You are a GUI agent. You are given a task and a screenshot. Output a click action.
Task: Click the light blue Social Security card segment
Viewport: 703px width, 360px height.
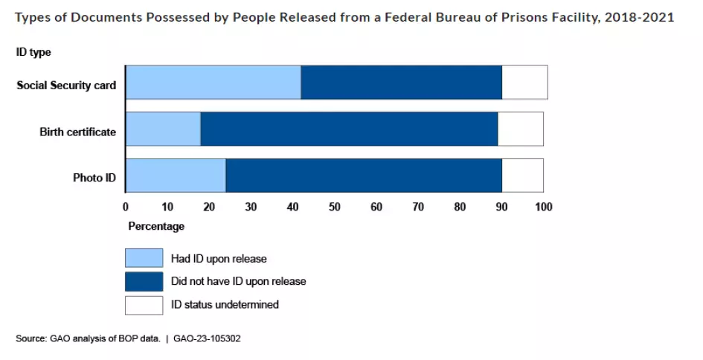213,82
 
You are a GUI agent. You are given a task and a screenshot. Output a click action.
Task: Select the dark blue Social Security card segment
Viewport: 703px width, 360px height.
401,82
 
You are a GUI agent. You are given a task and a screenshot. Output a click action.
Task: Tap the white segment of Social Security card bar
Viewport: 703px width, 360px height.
524,82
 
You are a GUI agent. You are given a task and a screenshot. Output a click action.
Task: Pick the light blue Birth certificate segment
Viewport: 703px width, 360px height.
163,129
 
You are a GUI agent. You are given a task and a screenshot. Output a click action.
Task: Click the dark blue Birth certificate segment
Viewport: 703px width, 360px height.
349,129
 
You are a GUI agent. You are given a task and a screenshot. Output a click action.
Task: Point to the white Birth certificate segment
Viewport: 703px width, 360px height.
520,129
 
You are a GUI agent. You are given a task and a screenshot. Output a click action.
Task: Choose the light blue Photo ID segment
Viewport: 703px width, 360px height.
176,176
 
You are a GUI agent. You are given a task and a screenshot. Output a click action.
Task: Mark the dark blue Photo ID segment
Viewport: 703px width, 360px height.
364,176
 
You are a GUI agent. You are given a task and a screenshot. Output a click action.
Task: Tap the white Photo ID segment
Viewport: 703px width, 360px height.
522,176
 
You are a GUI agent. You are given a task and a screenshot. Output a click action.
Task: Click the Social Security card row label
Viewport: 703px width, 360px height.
66,86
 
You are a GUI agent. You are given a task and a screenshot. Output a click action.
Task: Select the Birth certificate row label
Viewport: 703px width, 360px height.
77,132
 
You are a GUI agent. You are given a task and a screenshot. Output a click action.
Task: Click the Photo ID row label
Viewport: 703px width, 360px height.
94,179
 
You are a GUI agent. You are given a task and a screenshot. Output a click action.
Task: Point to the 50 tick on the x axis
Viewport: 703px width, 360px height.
335,206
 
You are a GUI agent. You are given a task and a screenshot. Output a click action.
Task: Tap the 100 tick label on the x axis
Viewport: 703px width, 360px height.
543,206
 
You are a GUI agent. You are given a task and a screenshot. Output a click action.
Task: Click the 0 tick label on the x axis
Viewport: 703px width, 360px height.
126,206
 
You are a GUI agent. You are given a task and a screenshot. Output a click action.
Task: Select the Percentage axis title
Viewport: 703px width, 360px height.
156,225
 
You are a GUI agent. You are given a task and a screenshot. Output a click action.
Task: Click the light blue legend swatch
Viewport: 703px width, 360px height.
144,258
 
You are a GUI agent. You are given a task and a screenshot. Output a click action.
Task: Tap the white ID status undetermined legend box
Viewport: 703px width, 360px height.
144,304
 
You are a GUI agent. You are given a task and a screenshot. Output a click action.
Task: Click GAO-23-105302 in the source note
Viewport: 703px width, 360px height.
208,338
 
